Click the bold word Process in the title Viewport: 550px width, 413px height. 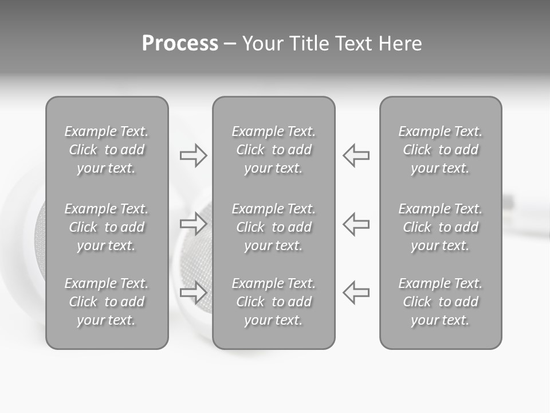[x=180, y=44]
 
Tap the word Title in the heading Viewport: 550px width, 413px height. [x=309, y=44]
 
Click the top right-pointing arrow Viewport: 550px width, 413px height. [x=194, y=155]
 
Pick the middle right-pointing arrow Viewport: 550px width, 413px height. [x=194, y=224]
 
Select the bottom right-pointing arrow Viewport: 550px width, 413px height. [x=194, y=292]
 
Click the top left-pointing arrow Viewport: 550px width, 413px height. [x=356, y=155]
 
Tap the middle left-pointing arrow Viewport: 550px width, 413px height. [x=356, y=224]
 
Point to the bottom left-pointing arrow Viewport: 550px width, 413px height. [x=356, y=292]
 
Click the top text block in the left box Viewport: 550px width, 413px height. [x=107, y=150]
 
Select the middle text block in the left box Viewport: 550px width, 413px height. [x=107, y=227]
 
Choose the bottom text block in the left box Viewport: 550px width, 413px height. [x=107, y=302]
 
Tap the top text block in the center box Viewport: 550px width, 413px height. [x=274, y=150]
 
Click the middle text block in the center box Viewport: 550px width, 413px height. [x=274, y=227]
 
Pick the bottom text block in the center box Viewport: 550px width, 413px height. [x=274, y=302]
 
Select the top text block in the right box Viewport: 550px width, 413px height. [x=441, y=150]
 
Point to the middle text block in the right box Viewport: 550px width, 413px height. [x=441, y=227]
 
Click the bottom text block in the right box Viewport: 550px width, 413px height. [x=441, y=302]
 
